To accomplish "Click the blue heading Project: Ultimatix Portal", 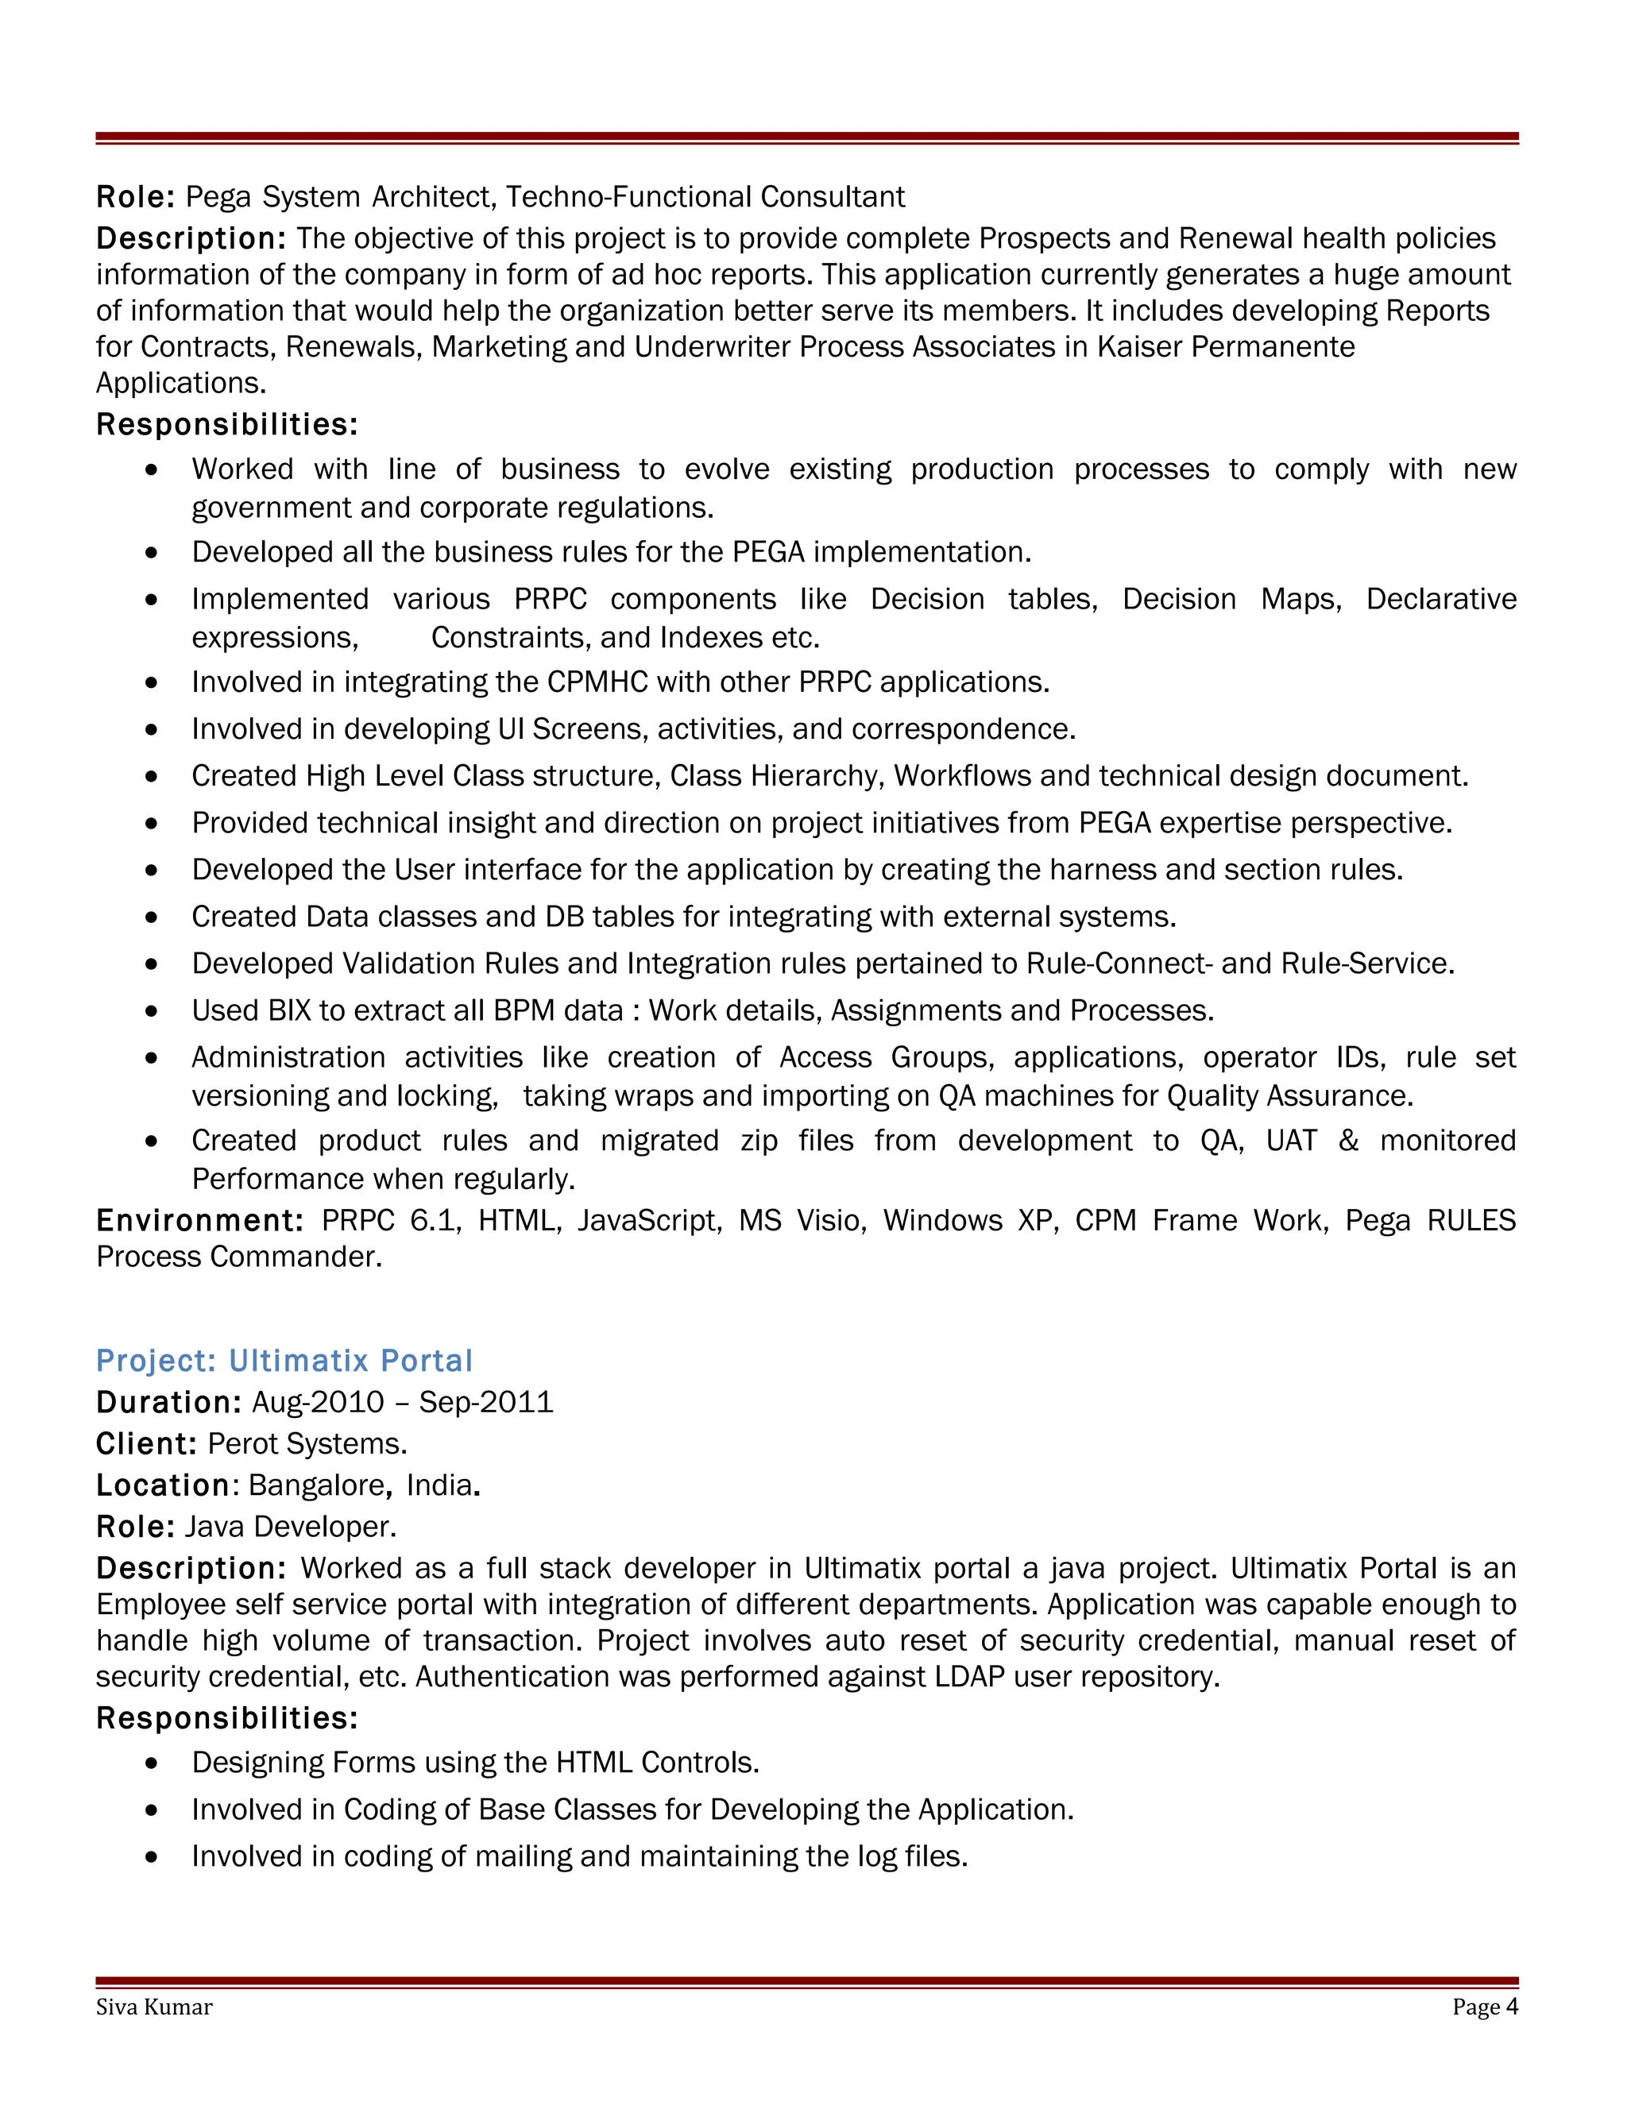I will tap(284, 1360).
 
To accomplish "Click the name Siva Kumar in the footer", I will tap(154, 2007).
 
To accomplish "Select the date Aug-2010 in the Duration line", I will tap(318, 1401).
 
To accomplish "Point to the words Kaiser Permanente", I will tap(1226, 346).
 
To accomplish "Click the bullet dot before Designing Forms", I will tap(151, 1763).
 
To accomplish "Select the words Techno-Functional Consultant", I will tap(705, 197).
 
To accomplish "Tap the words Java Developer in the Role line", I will tap(289, 1526).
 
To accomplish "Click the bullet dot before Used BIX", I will tap(151, 1011).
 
